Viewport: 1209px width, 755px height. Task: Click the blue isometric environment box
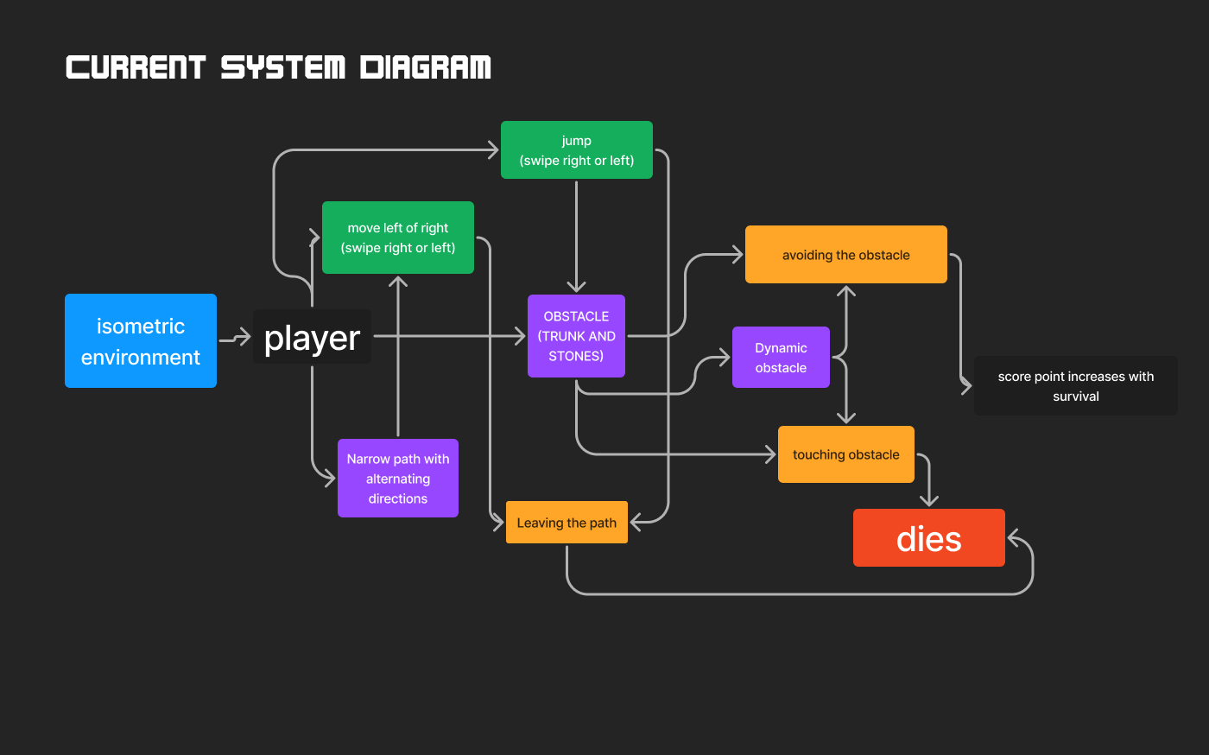click(141, 340)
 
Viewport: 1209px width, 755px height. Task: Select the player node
click(312, 337)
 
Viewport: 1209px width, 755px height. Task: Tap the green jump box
click(576, 150)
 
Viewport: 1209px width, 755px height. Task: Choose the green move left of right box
click(397, 238)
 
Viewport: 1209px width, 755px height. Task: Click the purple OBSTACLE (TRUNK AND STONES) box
click(576, 336)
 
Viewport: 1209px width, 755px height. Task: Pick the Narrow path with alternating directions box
click(397, 479)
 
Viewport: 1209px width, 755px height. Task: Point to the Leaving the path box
click(567, 523)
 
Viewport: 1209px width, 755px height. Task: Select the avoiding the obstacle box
click(845, 255)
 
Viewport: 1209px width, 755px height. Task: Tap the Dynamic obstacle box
click(781, 358)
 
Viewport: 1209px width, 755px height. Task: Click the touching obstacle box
click(845, 454)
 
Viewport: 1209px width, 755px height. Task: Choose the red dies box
click(928, 538)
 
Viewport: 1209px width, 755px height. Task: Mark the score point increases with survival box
click(1075, 386)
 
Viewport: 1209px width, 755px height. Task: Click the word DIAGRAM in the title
click(426, 67)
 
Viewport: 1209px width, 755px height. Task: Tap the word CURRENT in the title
click(136, 67)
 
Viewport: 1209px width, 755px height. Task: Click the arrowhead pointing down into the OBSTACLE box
click(576, 287)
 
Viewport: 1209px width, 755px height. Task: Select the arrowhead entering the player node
click(244, 337)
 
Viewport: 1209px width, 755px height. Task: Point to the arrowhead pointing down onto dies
click(928, 500)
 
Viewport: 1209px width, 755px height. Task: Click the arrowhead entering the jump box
click(493, 150)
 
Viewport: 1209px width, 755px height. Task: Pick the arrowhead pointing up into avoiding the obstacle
click(846, 291)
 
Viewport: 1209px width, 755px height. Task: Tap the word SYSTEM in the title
click(282, 67)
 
